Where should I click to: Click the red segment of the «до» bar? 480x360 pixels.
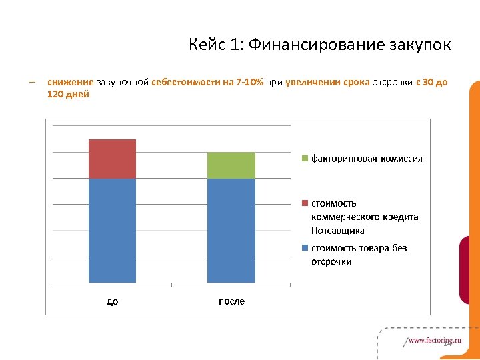[x=112, y=159]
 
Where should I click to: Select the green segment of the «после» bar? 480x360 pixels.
[x=231, y=165]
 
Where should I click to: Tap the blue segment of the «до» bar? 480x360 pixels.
[x=112, y=231]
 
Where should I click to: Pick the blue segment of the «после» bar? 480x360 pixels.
[x=231, y=231]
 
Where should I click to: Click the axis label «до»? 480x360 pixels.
[x=112, y=301]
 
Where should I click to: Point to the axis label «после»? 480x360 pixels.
[x=231, y=301]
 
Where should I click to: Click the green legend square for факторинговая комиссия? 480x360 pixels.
[x=305, y=159]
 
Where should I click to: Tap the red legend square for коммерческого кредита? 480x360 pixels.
[x=305, y=203]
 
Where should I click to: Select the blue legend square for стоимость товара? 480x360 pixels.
[x=305, y=248]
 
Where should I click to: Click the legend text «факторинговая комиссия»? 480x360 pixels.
[x=367, y=159]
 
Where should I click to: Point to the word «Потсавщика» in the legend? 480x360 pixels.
[x=337, y=231]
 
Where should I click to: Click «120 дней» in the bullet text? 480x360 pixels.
[x=68, y=94]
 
